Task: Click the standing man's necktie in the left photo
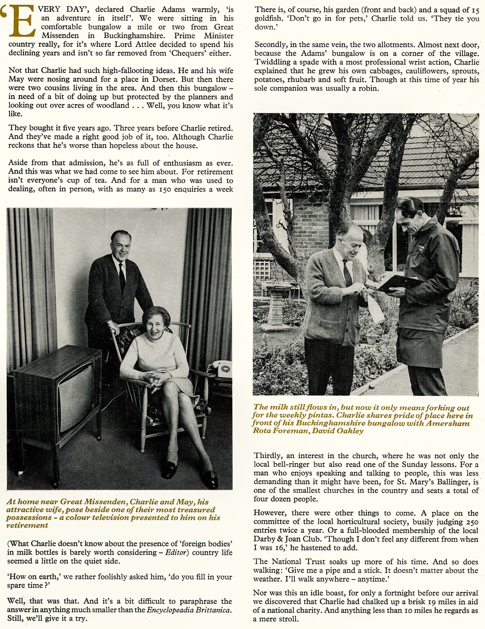tap(122, 278)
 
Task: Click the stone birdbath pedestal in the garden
tap(276, 307)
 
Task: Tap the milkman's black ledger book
tap(399, 283)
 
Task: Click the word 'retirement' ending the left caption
tap(27, 525)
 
